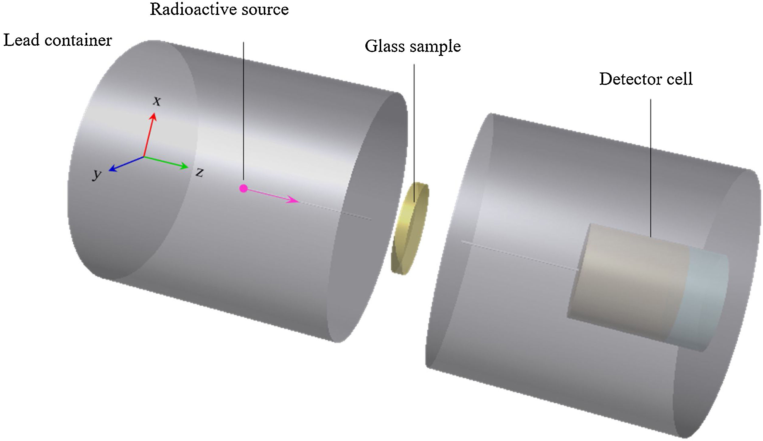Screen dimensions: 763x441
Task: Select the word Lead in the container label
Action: [x=21, y=40]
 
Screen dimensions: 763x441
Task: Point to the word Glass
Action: [x=384, y=47]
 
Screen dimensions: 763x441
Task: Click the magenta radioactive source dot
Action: [x=243, y=189]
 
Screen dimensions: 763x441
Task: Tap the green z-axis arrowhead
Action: [x=184, y=166]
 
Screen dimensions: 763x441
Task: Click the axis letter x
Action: [x=157, y=101]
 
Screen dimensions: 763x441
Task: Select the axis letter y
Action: [x=97, y=175]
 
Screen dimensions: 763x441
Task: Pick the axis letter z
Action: [x=199, y=173]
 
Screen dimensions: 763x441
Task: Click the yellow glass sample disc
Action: [x=409, y=228]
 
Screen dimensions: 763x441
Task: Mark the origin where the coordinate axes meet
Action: [x=144, y=157]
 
